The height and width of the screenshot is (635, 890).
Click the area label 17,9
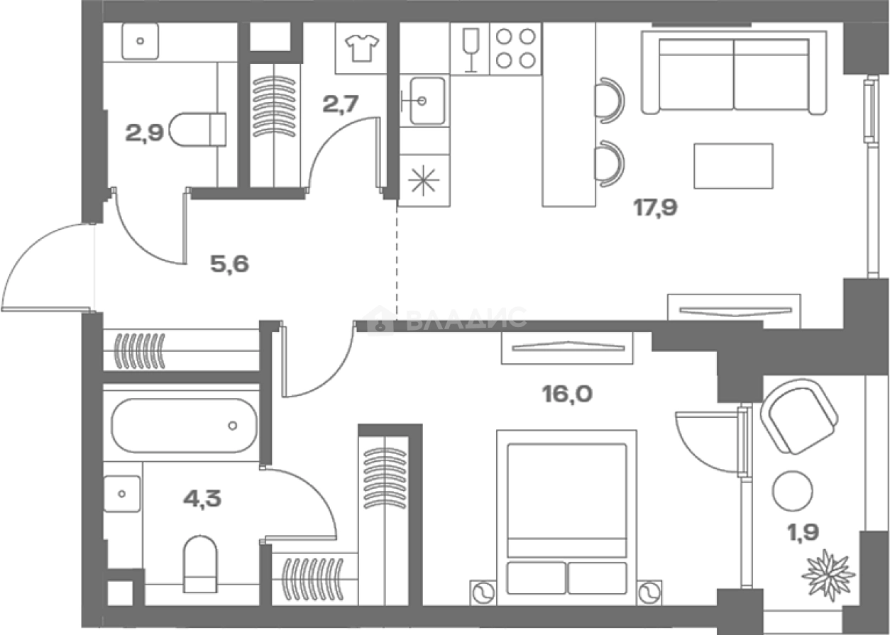tap(655, 207)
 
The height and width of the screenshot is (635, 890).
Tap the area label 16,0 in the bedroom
tap(567, 394)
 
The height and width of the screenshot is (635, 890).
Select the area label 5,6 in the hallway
tap(230, 264)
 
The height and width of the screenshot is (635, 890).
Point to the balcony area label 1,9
tap(803, 533)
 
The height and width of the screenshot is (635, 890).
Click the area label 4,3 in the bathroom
tap(202, 498)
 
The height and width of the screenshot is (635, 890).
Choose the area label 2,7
tap(341, 104)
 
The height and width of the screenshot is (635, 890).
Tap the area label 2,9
tap(144, 133)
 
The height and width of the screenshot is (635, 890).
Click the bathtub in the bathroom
tap(184, 425)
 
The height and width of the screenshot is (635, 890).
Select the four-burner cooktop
tap(515, 48)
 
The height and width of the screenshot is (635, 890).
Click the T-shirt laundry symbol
tap(361, 48)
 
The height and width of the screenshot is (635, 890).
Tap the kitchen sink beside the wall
tap(424, 101)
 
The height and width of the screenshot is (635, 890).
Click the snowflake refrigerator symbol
tap(424, 180)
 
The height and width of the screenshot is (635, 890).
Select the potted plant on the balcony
tap(828, 574)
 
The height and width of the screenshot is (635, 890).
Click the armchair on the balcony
tap(799, 416)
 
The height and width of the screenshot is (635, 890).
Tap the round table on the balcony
tap(792, 491)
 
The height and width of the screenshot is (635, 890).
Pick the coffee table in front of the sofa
tap(733, 166)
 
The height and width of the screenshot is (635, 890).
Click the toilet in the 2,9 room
tap(197, 129)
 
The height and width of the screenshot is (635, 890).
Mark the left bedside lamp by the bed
tap(483, 594)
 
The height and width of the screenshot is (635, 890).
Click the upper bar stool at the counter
tap(610, 101)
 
